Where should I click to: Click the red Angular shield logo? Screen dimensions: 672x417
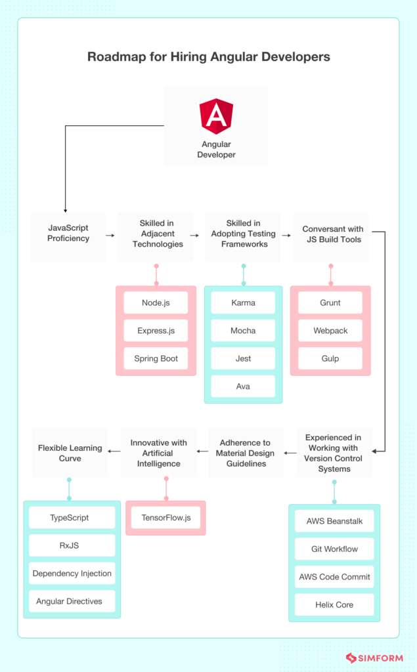216,116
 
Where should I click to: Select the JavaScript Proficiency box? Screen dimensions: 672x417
68,234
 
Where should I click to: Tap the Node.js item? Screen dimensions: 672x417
156,303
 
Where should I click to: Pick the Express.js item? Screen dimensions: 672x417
156,331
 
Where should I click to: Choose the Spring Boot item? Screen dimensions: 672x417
156,358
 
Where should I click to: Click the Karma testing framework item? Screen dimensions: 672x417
243,303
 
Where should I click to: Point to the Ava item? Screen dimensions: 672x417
243,387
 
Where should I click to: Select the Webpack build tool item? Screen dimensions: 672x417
330,331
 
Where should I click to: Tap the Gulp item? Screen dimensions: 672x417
330,358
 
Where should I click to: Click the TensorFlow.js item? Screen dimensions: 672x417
165,518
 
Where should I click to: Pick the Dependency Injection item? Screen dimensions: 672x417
72,574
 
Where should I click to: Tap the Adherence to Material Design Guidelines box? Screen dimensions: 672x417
245,453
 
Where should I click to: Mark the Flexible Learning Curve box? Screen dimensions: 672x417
70,453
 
